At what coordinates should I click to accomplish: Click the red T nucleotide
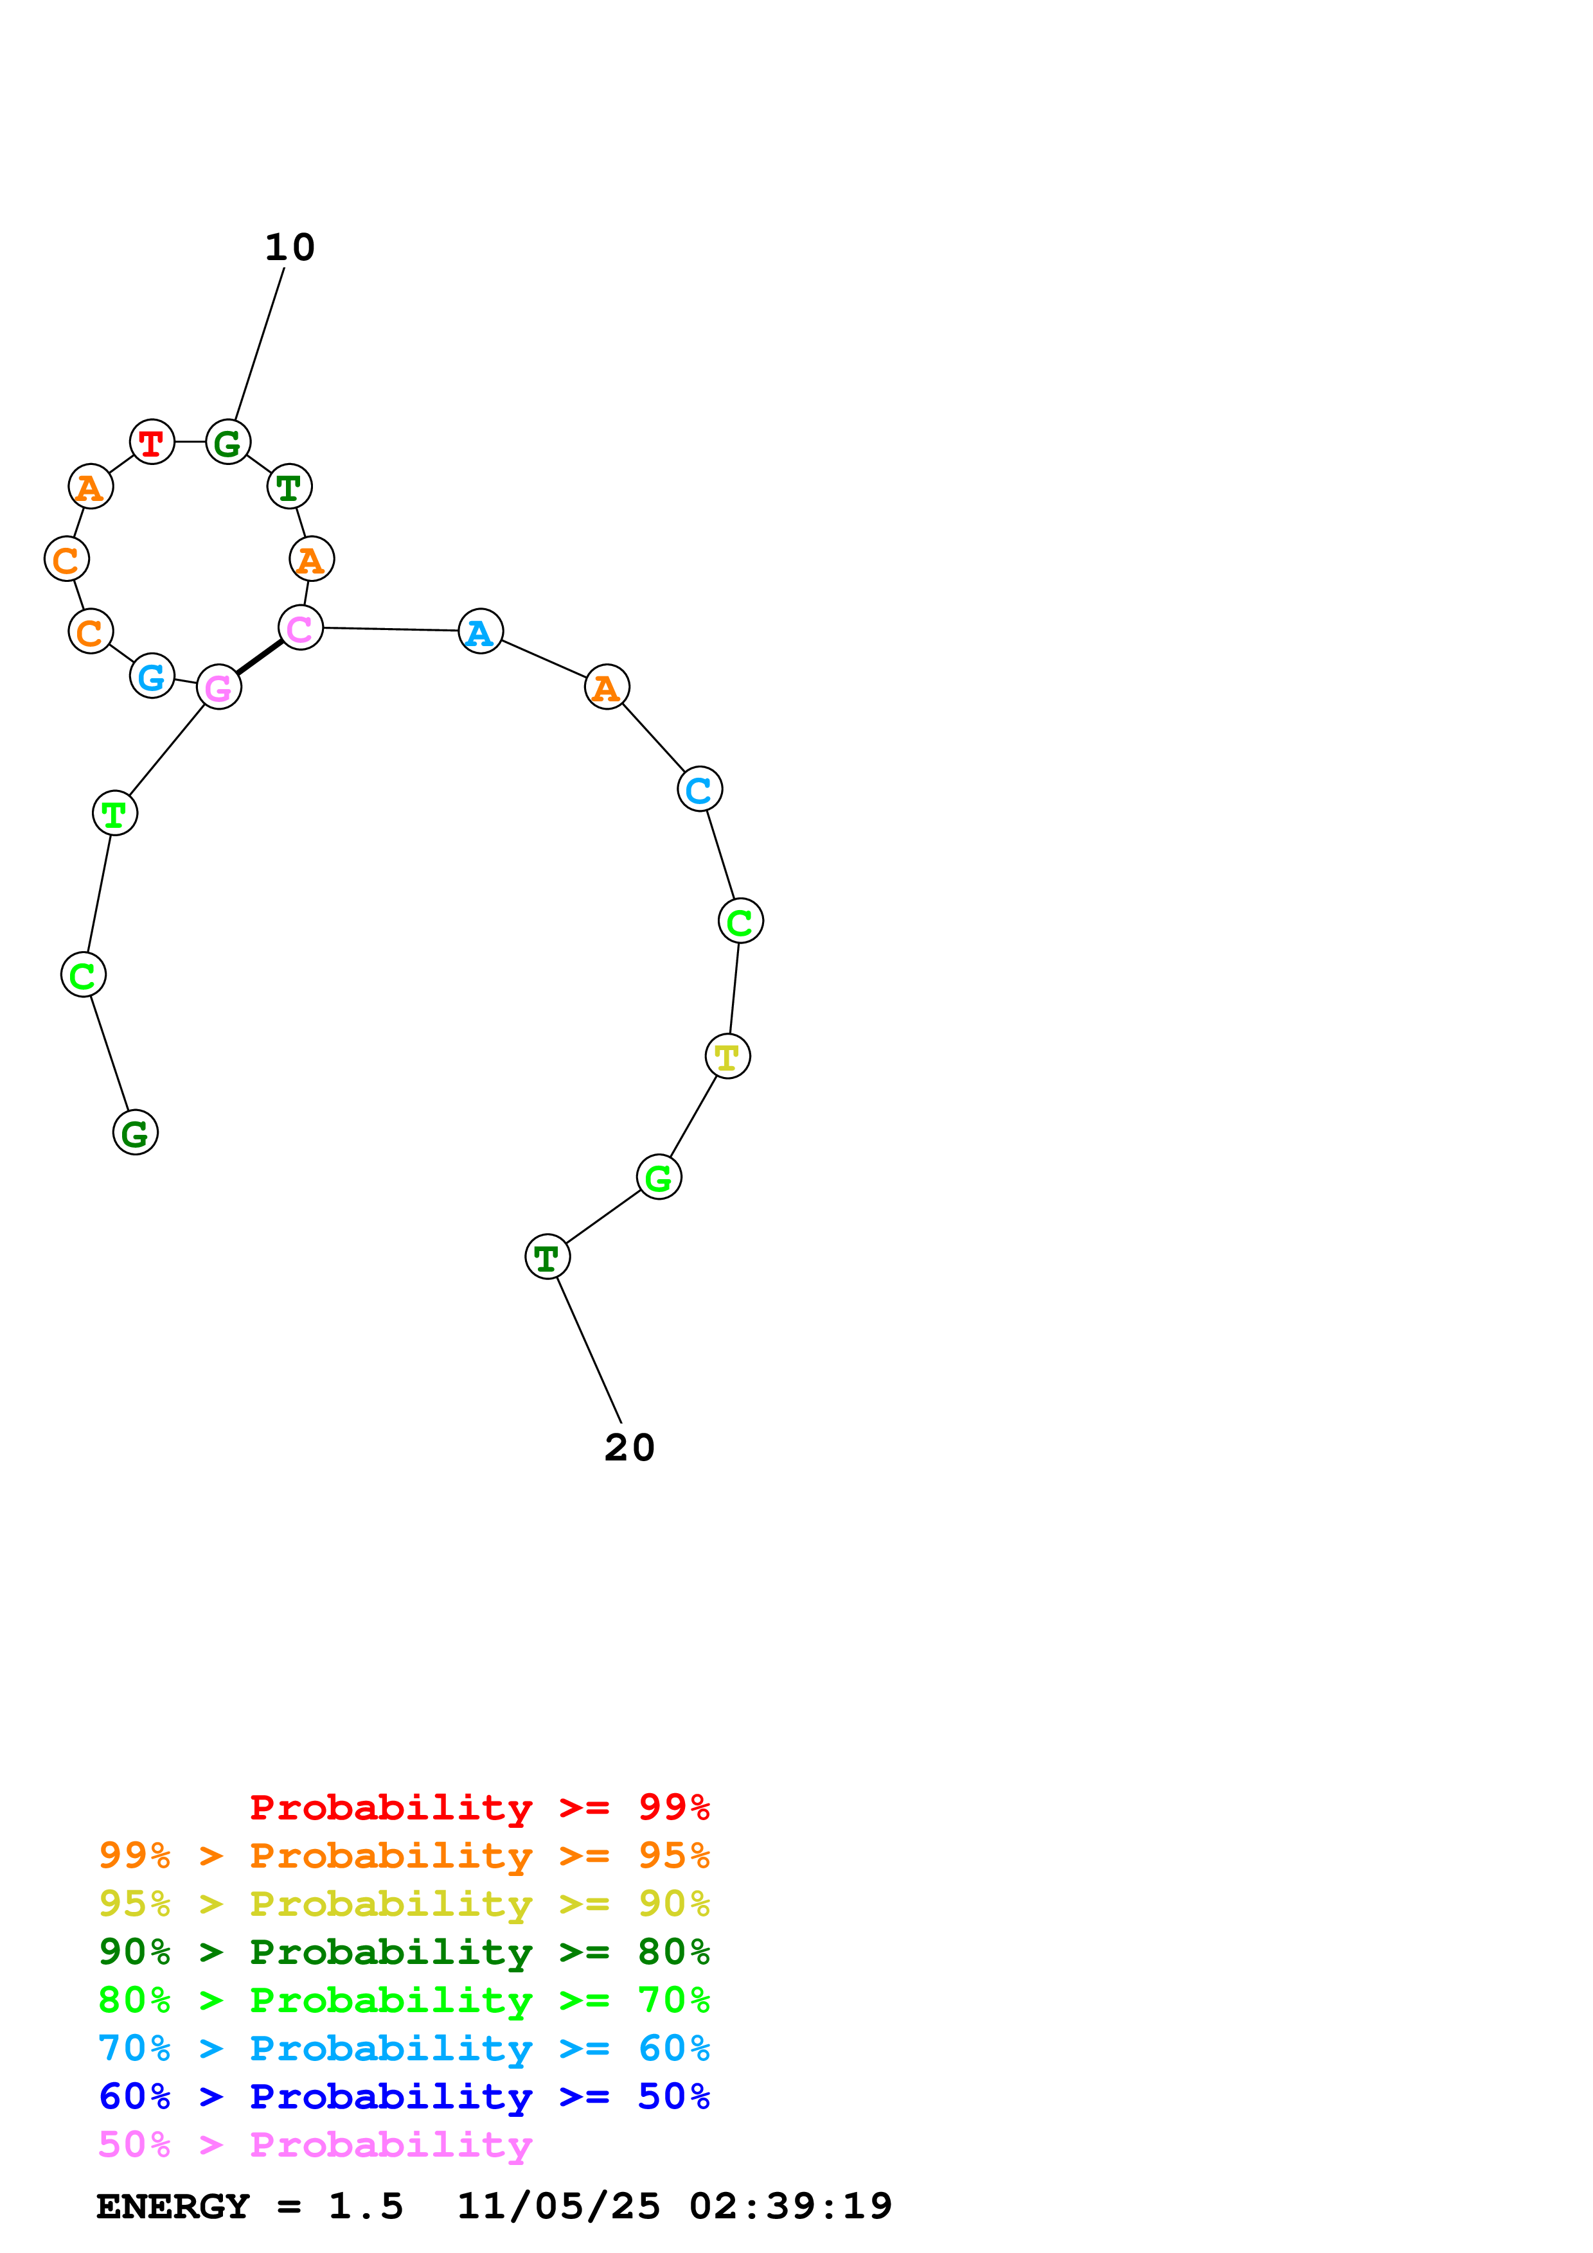tap(152, 443)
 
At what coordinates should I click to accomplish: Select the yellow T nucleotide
tap(727, 1057)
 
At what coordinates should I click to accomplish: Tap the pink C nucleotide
tap(300, 628)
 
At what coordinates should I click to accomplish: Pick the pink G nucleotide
tap(219, 687)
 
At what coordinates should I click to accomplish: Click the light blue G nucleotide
tap(152, 676)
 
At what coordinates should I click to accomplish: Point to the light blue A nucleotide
tap(480, 632)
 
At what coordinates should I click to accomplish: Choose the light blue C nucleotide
tap(699, 789)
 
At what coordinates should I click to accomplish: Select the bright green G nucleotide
tap(659, 1177)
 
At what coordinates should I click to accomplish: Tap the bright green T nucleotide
tap(115, 814)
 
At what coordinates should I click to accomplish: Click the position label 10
tap(290, 247)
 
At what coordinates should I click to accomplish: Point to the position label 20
tap(629, 1448)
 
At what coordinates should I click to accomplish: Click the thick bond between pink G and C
tap(259, 658)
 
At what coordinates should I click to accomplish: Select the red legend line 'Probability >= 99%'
tap(479, 1807)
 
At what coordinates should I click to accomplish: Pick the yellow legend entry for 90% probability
tap(404, 1904)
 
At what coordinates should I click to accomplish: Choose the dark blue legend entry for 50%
tap(404, 2096)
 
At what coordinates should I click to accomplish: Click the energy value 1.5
tap(365, 2206)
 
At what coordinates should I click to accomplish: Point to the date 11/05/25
tap(558, 2206)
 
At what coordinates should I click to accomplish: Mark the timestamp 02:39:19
tap(790, 2206)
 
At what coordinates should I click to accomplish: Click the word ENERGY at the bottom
tap(173, 2206)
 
